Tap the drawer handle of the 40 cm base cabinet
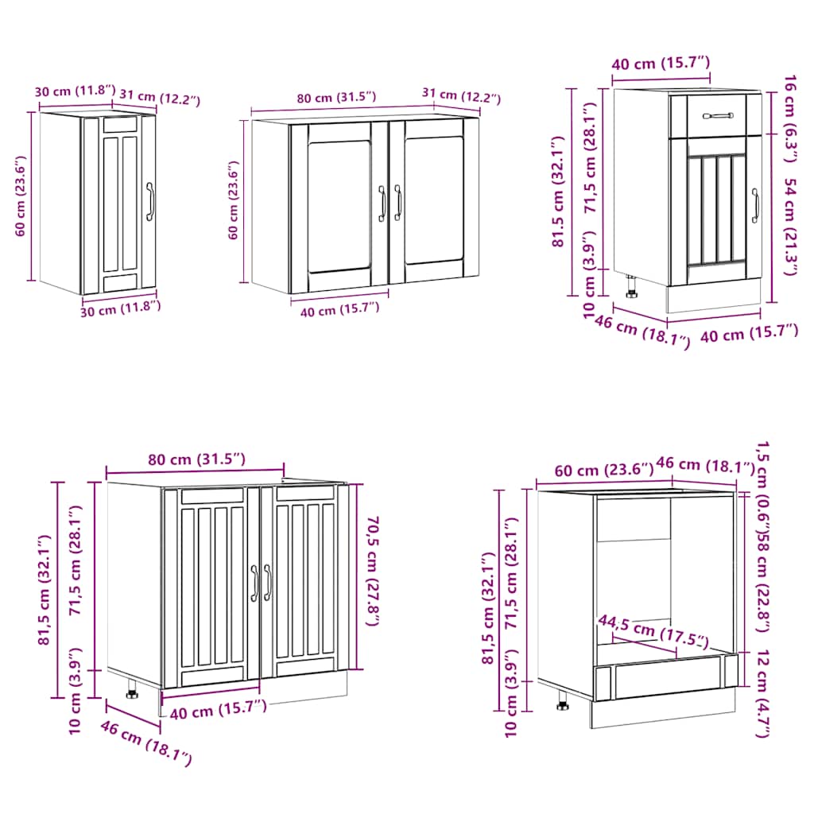click(x=719, y=116)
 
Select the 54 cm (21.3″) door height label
click(x=790, y=227)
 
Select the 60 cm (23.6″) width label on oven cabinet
click(x=595, y=471)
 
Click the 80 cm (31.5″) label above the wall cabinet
click(x=335, y=98)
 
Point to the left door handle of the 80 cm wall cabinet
click(x=382, y=203)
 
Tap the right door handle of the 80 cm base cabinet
click(x=267, y=582)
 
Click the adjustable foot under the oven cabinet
click(x=563, y=703)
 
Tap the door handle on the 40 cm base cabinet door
click(x=755, y=206)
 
